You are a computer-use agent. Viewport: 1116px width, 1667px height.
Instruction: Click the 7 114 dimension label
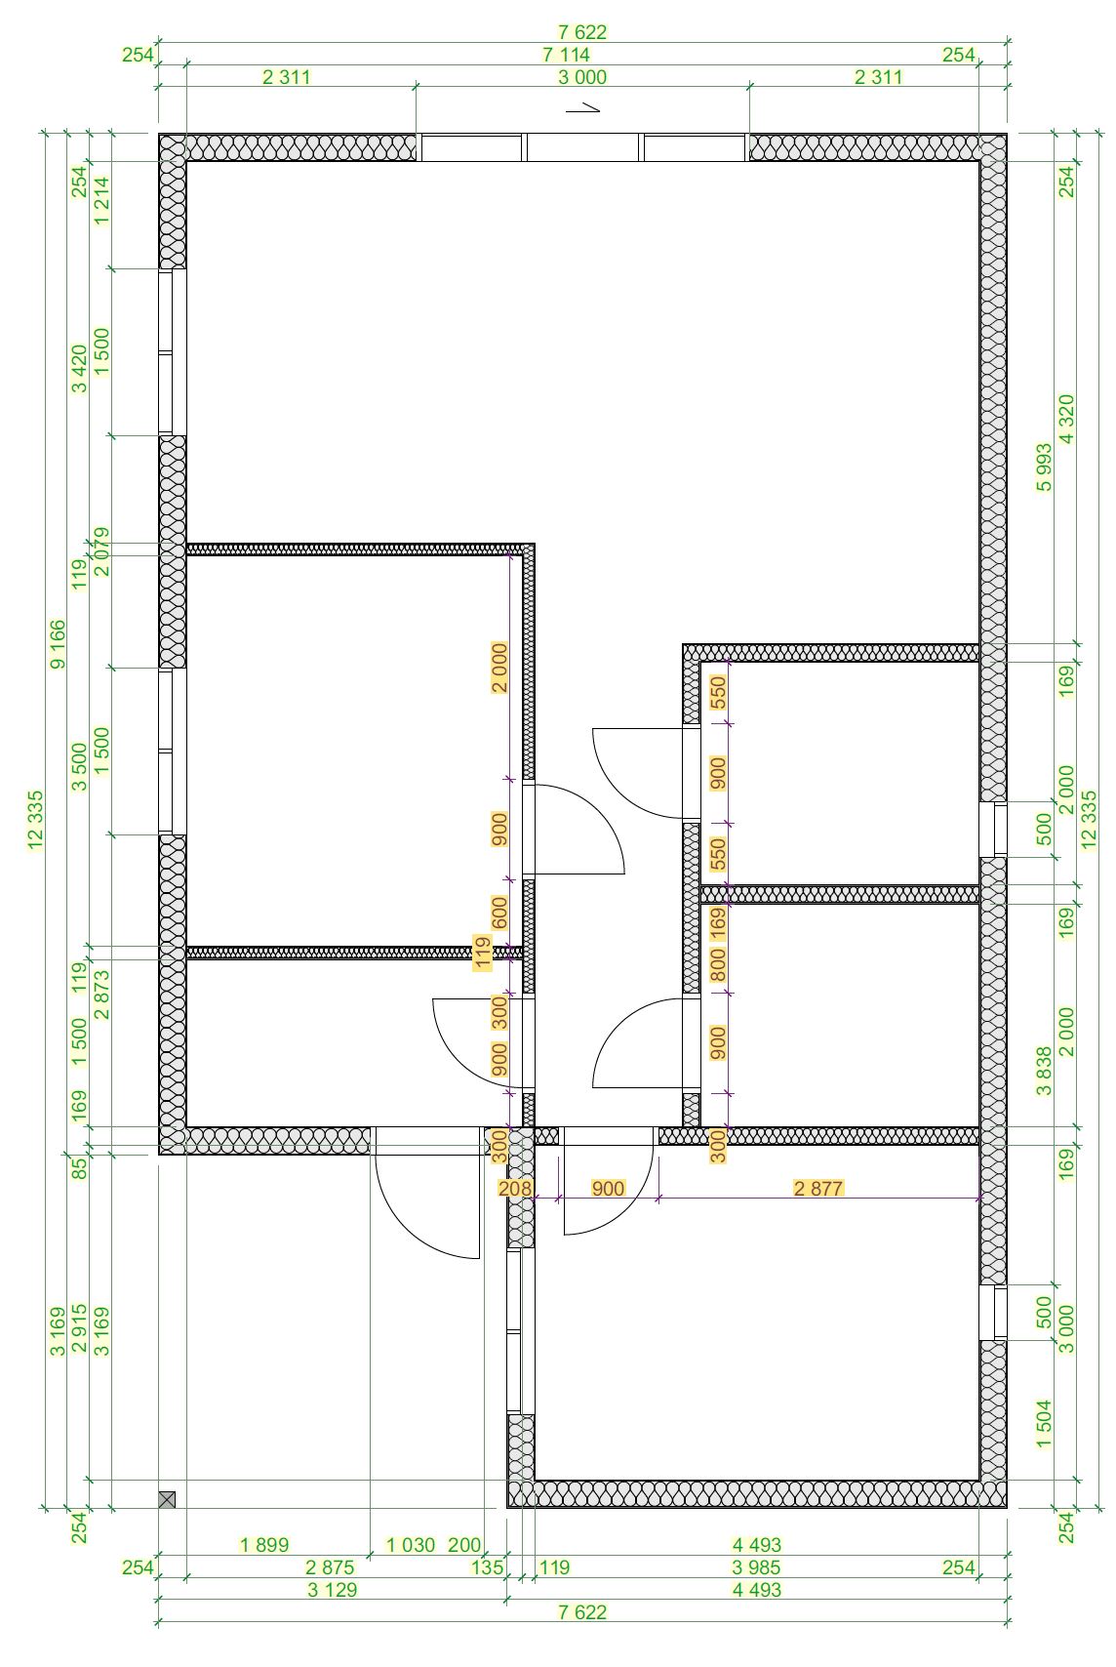[566, 55]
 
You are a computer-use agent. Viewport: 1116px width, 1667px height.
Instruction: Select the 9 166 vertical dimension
[58, 644]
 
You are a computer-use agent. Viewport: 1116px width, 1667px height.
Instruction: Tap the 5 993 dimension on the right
[1045, 468]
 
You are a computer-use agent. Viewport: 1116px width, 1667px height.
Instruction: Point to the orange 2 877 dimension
[818, 1188]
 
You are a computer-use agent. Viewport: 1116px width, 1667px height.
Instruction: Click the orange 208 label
[515, 1188]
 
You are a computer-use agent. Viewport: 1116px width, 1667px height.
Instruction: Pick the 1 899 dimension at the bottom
[264, 1545]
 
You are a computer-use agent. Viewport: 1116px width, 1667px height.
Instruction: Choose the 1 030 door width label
[411, 1545]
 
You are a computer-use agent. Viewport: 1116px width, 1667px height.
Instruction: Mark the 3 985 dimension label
[756, 1567]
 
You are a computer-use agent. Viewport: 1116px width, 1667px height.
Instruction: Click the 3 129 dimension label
[333, 1590]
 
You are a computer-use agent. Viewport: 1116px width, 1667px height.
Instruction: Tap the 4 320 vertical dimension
[1066, 419]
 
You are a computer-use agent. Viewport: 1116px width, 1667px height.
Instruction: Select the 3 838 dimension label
[1045, 1072]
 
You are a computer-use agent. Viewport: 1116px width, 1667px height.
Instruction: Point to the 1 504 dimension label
[1045, 1424]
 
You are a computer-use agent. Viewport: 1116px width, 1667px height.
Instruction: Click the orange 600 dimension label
[499, 913]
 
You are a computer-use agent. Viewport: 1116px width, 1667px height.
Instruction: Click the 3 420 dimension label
[80, 368]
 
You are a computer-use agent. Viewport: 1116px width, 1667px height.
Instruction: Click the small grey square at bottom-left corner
[167, 1499]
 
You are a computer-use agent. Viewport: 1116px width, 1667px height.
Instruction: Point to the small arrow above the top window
[582, 108]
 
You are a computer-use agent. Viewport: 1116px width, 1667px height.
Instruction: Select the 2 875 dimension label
[330, 1567]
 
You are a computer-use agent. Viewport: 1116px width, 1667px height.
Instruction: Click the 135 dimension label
[488, 1567]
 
